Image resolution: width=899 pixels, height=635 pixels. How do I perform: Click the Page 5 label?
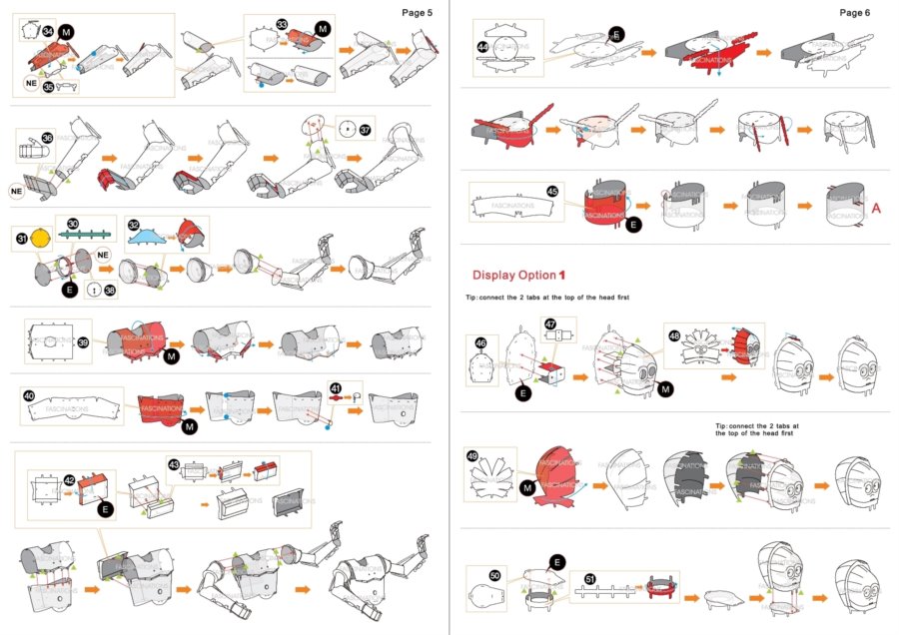point(417,13)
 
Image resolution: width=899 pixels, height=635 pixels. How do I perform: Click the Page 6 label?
point(855,13)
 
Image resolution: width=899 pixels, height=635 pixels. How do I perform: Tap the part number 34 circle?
point(48,33)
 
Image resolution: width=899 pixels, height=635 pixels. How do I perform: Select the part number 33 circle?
point(283,24)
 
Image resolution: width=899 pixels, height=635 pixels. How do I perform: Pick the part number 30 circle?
point(72,224)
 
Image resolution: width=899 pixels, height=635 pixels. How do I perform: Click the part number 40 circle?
point(29,395)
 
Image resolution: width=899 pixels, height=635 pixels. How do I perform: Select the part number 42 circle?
point(69,479)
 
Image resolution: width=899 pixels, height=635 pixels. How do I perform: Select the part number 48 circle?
point(674,335)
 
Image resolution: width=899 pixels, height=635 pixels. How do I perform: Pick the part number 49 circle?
point(471,456)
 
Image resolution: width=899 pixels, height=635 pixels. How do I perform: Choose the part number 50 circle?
point(495,576)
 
